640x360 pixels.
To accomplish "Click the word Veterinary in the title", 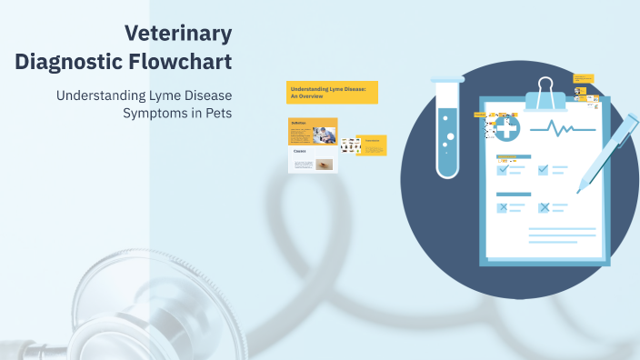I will click(178, 35).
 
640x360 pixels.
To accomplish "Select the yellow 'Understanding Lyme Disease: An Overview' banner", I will click(332, 92).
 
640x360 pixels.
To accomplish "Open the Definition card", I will click(313, 132).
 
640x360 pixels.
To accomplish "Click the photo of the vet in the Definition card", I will click(324, 135).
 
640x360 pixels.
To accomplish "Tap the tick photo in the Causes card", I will click(325, 165).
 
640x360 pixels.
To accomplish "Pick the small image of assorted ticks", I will click(350, 145).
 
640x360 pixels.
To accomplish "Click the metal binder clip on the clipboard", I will click(545, 92).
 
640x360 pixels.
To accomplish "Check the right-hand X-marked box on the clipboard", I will click(544, 207).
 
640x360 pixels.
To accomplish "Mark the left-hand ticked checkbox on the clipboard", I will click(502, 169).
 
